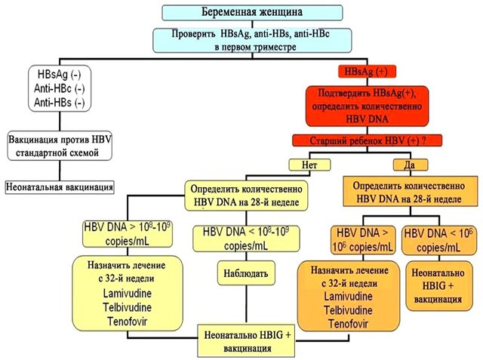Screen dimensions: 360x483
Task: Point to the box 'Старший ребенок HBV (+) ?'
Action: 367,140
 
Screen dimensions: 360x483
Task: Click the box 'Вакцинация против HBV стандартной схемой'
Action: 60,146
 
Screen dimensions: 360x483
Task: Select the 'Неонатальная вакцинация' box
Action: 60,186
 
